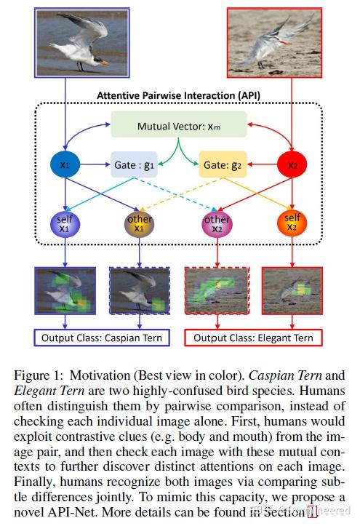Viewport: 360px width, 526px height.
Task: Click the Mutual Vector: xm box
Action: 179,126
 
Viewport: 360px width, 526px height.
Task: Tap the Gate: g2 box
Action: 223,164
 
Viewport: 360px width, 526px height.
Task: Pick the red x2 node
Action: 292,164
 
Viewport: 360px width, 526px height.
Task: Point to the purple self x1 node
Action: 66,223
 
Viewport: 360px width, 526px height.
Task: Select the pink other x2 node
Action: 217,223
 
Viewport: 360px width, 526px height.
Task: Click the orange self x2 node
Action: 292,223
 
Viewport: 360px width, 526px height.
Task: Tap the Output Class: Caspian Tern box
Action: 101,338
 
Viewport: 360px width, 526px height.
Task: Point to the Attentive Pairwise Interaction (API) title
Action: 179,95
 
